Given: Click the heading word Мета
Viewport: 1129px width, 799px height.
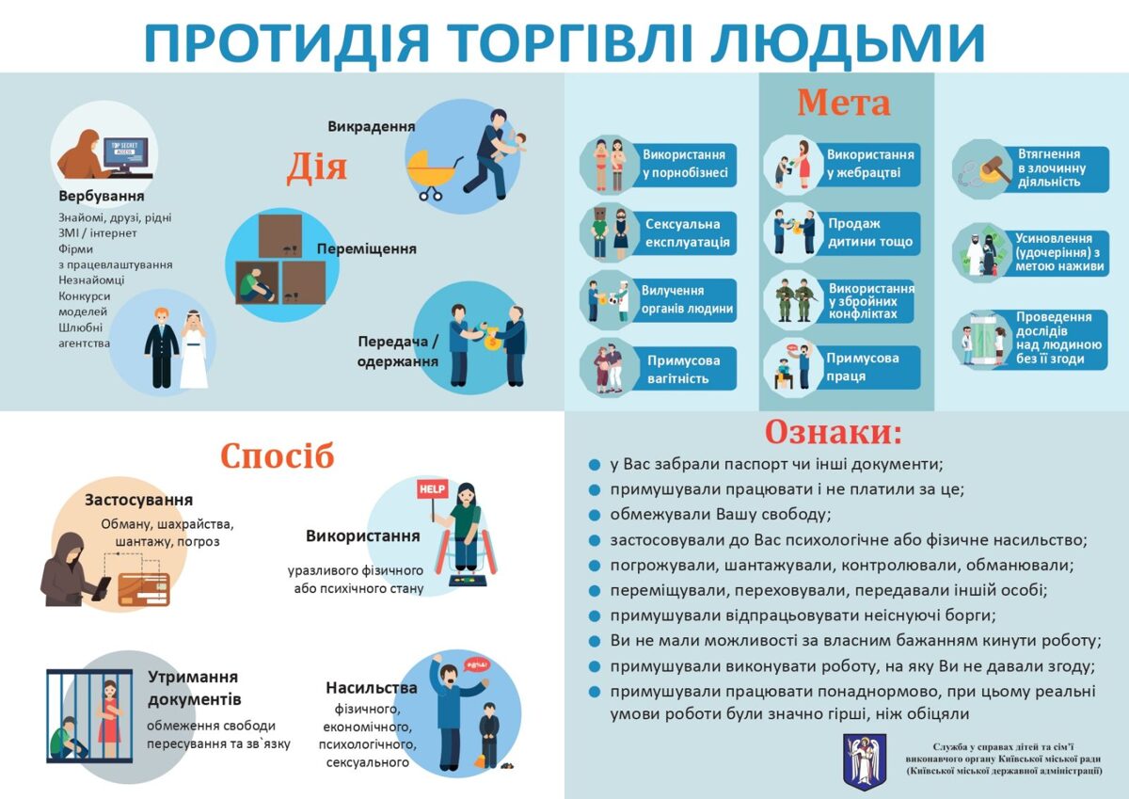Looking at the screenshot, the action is (844, 103).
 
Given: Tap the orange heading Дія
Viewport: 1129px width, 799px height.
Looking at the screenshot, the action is (317, 168).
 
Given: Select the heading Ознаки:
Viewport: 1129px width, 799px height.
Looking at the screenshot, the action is (834, 433).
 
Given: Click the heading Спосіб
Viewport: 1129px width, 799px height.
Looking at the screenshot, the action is (278, 456).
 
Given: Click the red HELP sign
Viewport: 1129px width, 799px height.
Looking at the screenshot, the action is (433, 489).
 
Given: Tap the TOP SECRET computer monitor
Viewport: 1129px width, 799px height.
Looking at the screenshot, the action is (126, 152).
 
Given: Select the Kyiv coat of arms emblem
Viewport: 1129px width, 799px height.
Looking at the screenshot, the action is (865, 761).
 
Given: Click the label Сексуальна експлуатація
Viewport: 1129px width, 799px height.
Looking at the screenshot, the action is (688, 232).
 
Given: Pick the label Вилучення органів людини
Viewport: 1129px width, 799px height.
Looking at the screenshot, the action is (687, 299).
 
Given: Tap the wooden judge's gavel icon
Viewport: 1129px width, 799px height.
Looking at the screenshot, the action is (994, 169).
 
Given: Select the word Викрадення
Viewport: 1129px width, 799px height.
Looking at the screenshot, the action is (372, 126).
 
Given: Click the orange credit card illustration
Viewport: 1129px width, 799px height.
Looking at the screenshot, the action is (144, 589).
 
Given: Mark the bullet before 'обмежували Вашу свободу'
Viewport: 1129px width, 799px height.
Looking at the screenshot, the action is (595, 515).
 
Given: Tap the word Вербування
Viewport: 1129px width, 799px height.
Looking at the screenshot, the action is (102, 196).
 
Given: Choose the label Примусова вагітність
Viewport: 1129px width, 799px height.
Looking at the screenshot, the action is (683, 369).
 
